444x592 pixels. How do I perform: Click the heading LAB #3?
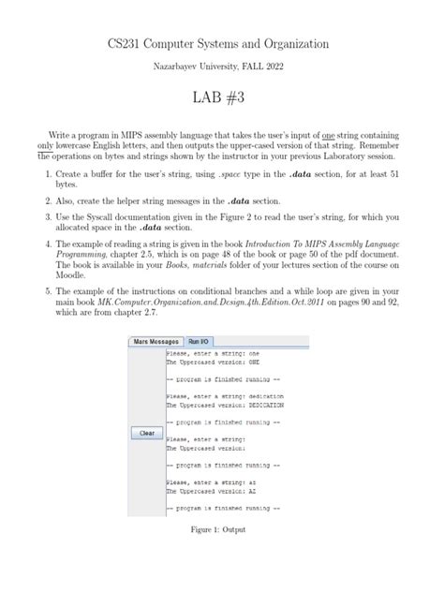click(x=221, y=98)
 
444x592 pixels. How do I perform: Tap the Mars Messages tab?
click(x=155, y=342)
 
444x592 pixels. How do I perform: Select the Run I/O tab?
click(x=199, y=342)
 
